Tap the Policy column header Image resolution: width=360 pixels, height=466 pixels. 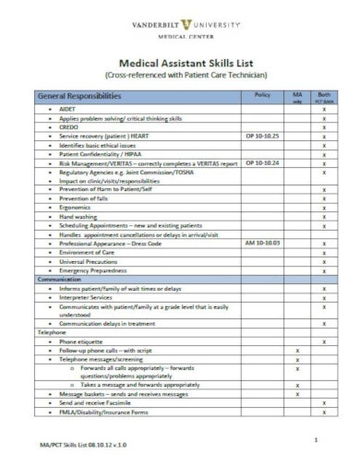point(261,95)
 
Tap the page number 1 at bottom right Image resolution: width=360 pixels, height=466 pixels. point(316,440)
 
